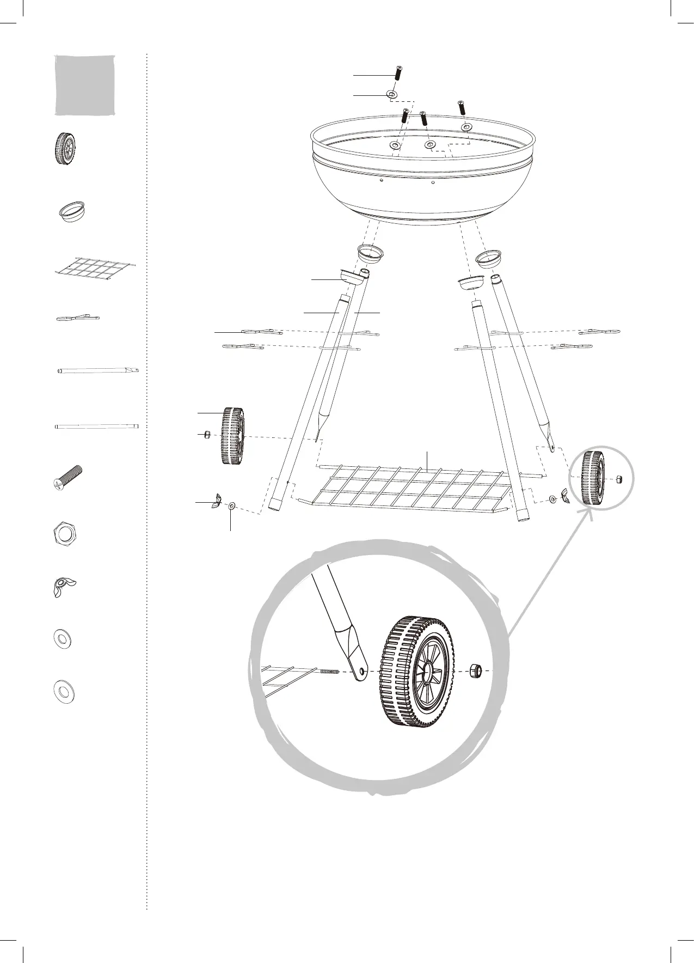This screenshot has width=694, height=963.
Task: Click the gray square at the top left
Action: click(85, 85)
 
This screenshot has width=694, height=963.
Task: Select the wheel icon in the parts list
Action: click(65, 148)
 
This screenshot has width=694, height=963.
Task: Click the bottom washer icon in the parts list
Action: click(64, 691)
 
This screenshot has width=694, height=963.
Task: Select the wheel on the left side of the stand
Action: click(232, 435)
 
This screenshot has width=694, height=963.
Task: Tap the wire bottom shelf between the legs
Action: click(414, 487)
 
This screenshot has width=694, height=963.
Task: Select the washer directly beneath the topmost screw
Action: click(391, 95)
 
